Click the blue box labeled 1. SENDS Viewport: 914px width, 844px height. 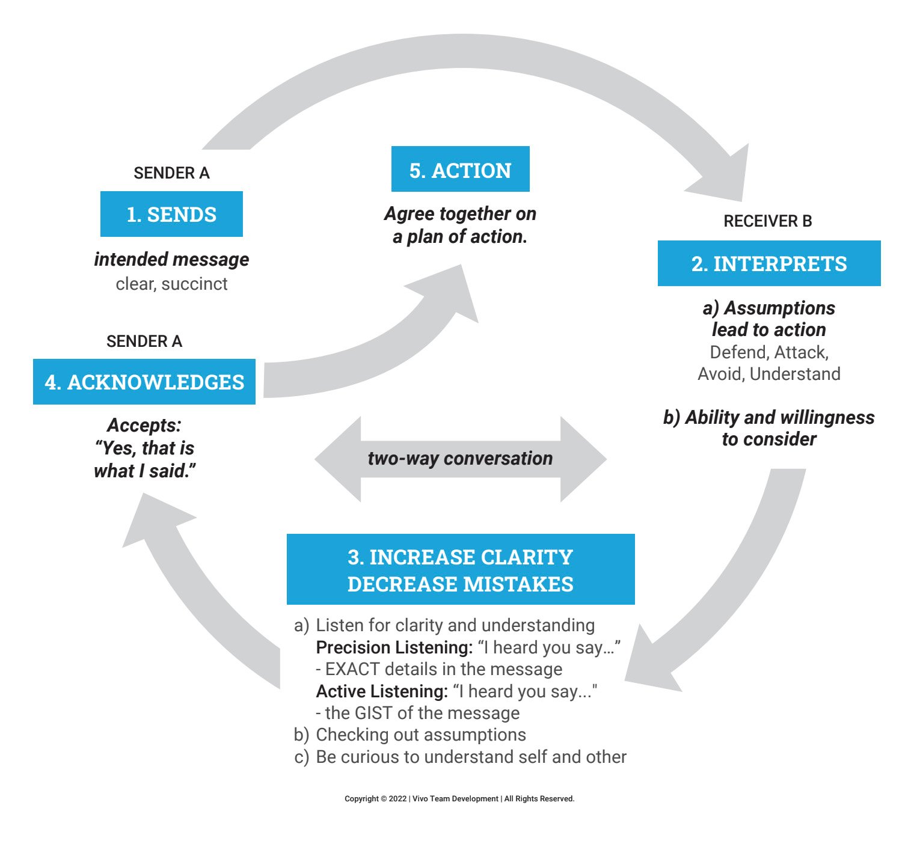171,214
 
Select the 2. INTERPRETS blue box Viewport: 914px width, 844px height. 768,263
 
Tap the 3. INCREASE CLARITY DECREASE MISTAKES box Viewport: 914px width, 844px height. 460,569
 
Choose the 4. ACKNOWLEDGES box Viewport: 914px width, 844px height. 144,382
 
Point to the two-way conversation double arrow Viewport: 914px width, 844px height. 460,459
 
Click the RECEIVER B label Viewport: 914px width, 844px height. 767,221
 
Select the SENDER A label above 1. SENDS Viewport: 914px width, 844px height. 171,173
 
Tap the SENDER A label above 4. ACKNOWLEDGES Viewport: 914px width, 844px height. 144,341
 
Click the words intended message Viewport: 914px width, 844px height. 171,259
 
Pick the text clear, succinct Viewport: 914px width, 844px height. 171,284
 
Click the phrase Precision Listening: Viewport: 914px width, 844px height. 394,647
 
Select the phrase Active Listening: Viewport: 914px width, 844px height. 382,691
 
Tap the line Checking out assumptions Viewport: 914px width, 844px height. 421,735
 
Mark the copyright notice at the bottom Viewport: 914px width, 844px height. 459,799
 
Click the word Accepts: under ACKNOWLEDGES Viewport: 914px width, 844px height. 144,425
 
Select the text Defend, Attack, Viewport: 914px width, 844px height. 768,352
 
